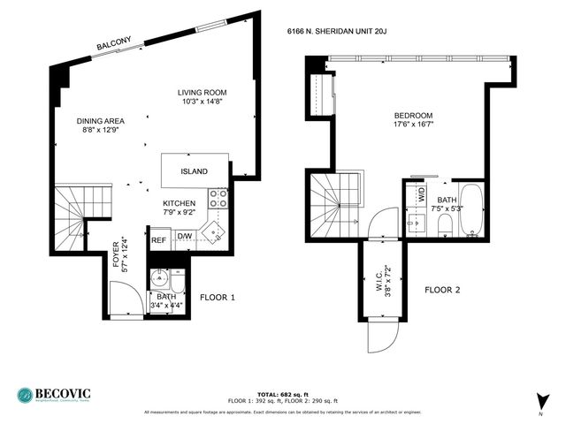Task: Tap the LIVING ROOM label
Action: click(x=202, y=92)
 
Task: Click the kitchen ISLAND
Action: click(x=195, y=171)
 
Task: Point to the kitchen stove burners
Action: click(x=218, y=199)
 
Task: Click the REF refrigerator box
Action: click(x=159, y=239)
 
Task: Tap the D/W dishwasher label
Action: click(x=185, y=236)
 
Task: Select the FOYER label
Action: click(x=115, y=253)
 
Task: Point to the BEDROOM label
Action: click(x=413, y=116)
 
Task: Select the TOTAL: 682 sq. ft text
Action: click(x=282, y=395)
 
